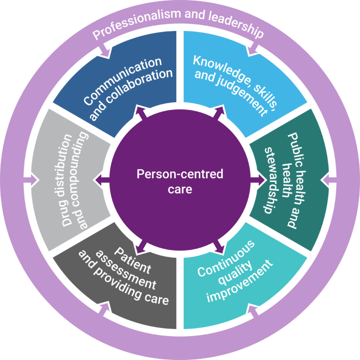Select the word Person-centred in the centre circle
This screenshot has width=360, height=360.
click(180, 174)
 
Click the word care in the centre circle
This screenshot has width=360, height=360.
click(180, 189)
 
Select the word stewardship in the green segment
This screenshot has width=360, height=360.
click(270, 180)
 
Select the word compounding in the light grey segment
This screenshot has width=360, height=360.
click(83, 180)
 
